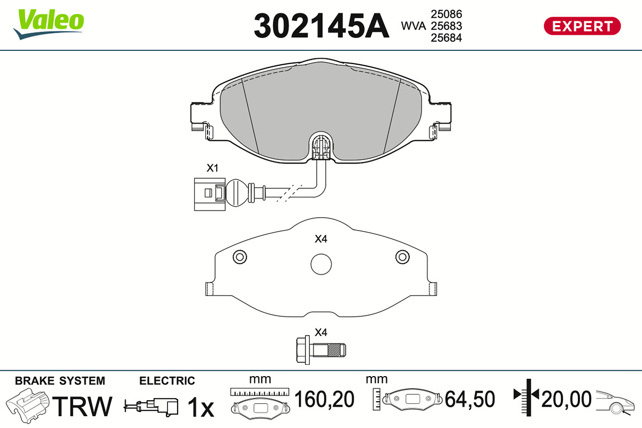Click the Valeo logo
tap(49, 24)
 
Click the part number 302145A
tap(322, 26)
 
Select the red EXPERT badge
tap(582, 26)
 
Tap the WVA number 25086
tap(446, 14)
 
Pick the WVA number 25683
tap(446, 26)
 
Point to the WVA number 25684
tap(446, 37)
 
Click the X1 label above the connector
tap(212, 168)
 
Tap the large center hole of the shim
tap(321, 264)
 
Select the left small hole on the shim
tap(240, 257)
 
